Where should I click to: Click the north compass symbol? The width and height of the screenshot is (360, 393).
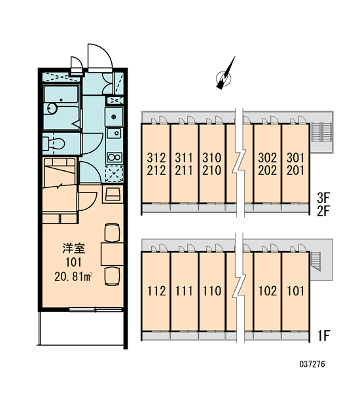[x=225, y=76]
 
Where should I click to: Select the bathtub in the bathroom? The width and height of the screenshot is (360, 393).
[x=61, y=94]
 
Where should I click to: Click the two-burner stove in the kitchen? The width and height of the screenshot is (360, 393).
[x=115, y=158]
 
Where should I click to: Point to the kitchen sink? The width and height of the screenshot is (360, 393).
[x=115, y=133]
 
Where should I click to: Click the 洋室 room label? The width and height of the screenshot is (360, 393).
[x=74, y=248]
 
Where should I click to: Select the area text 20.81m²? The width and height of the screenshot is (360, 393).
[x=73, y=276]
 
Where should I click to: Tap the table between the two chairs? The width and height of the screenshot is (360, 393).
[x=112, y=254]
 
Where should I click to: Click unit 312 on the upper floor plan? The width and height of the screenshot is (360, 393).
[x=156, y=158]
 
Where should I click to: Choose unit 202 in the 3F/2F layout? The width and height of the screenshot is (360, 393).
[x=268, y=170]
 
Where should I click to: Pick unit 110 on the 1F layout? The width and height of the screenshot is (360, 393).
[x=212, y=291]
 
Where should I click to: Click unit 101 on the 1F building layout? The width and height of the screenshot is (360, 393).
[x=296, y=291]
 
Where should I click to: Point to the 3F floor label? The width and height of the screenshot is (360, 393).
[x=323, y=198]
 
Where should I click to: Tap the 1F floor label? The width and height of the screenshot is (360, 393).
[x=324, y=336]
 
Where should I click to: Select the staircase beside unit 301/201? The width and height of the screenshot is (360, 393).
[x=321, y=132]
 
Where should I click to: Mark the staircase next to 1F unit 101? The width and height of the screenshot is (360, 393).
[x=315, y=261]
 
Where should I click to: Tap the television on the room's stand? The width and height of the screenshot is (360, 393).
[x=113, y=195]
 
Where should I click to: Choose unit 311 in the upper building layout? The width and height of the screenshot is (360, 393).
[x=184, y=158]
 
